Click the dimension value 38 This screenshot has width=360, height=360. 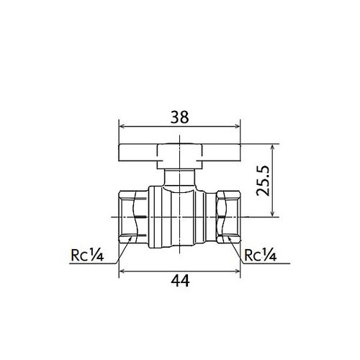[x=179, y=117]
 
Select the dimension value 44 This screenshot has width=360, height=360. [x=180, y=281]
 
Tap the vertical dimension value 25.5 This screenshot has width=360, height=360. [x=263, y=181]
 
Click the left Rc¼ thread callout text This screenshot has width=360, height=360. [x=87, y=255]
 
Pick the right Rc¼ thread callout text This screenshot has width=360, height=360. [x=260, y=255]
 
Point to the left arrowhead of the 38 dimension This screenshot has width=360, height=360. [x=122, y=126]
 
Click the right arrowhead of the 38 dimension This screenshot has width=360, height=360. [x=238, y=126]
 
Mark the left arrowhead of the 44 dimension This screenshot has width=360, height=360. [x=122, y=271]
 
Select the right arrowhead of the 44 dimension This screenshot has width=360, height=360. [x=238, y=271]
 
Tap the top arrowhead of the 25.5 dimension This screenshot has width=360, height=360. [x=272, y=146]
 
